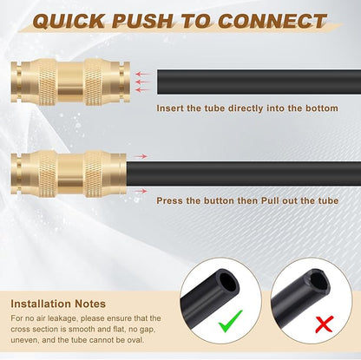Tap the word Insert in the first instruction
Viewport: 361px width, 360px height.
(169, 108)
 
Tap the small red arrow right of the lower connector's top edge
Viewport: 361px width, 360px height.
(143, 156)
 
